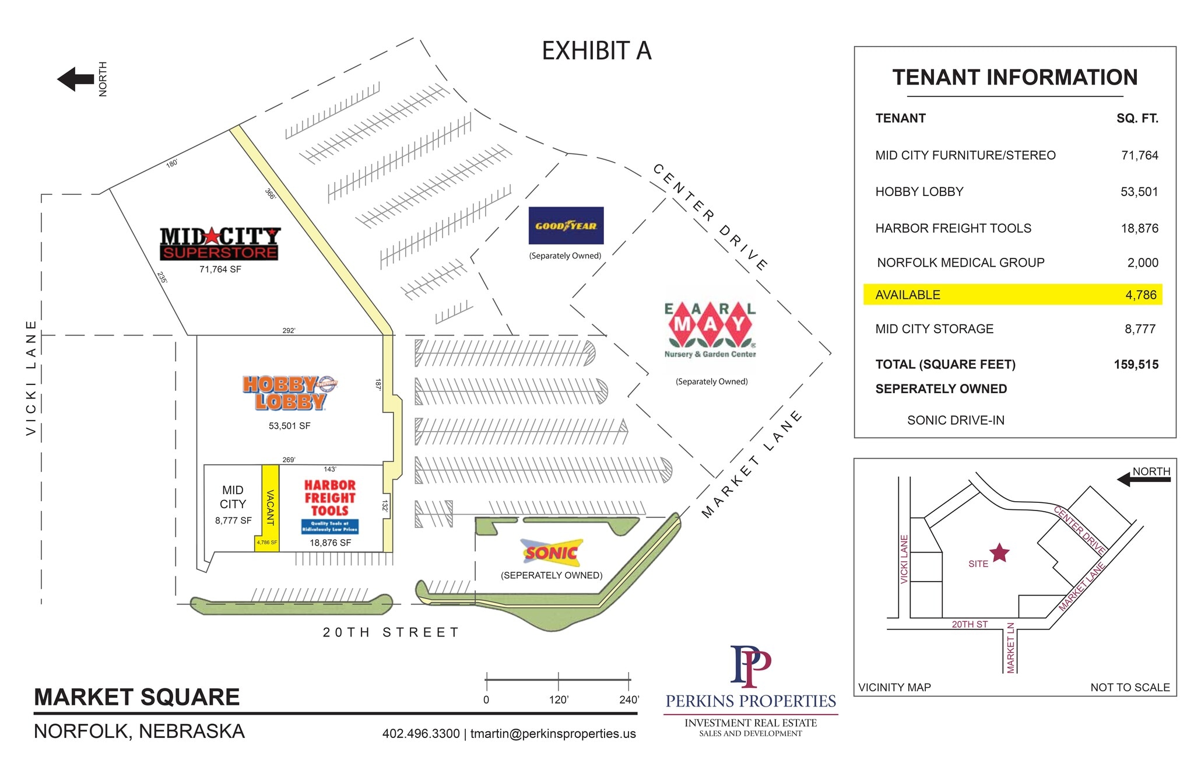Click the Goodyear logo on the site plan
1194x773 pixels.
click(x=566, y=226)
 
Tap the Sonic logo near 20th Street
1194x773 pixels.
click(x=552, y=552)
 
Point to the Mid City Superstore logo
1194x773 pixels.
click(x=220, y=243)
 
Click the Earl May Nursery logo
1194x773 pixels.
click(x=710, y=330)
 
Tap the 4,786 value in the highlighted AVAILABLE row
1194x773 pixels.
click(x=1140, y=295)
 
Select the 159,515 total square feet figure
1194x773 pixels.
click(x=1136, y=365)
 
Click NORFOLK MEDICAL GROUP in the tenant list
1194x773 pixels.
click(x=960, y=263)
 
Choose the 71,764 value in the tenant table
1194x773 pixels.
click(x=1139, y=156)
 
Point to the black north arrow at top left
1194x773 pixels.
click(x=76, y=79)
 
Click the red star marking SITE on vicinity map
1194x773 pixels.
click(x=999, y=552)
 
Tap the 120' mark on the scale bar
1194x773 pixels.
click(x=559, y=699)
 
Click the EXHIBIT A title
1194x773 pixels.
click(x=596, y=51)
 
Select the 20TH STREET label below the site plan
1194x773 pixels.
click(x=391, y=632)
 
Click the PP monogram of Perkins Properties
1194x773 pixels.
click(x=750, y=666)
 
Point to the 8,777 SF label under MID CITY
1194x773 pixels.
click(x=233, y=520)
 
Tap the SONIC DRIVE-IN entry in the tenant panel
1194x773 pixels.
click(x=956, y=420)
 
